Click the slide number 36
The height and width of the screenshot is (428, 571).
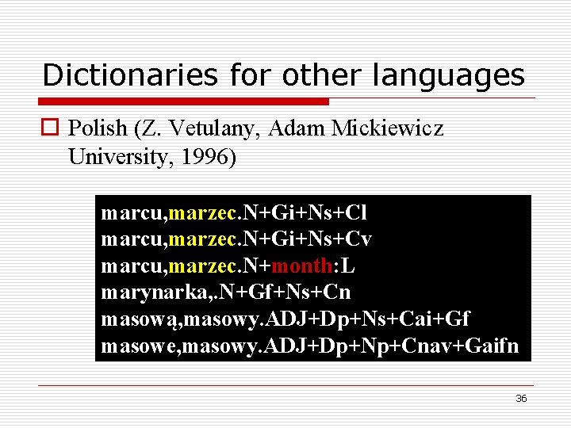[x=521, y=398]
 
